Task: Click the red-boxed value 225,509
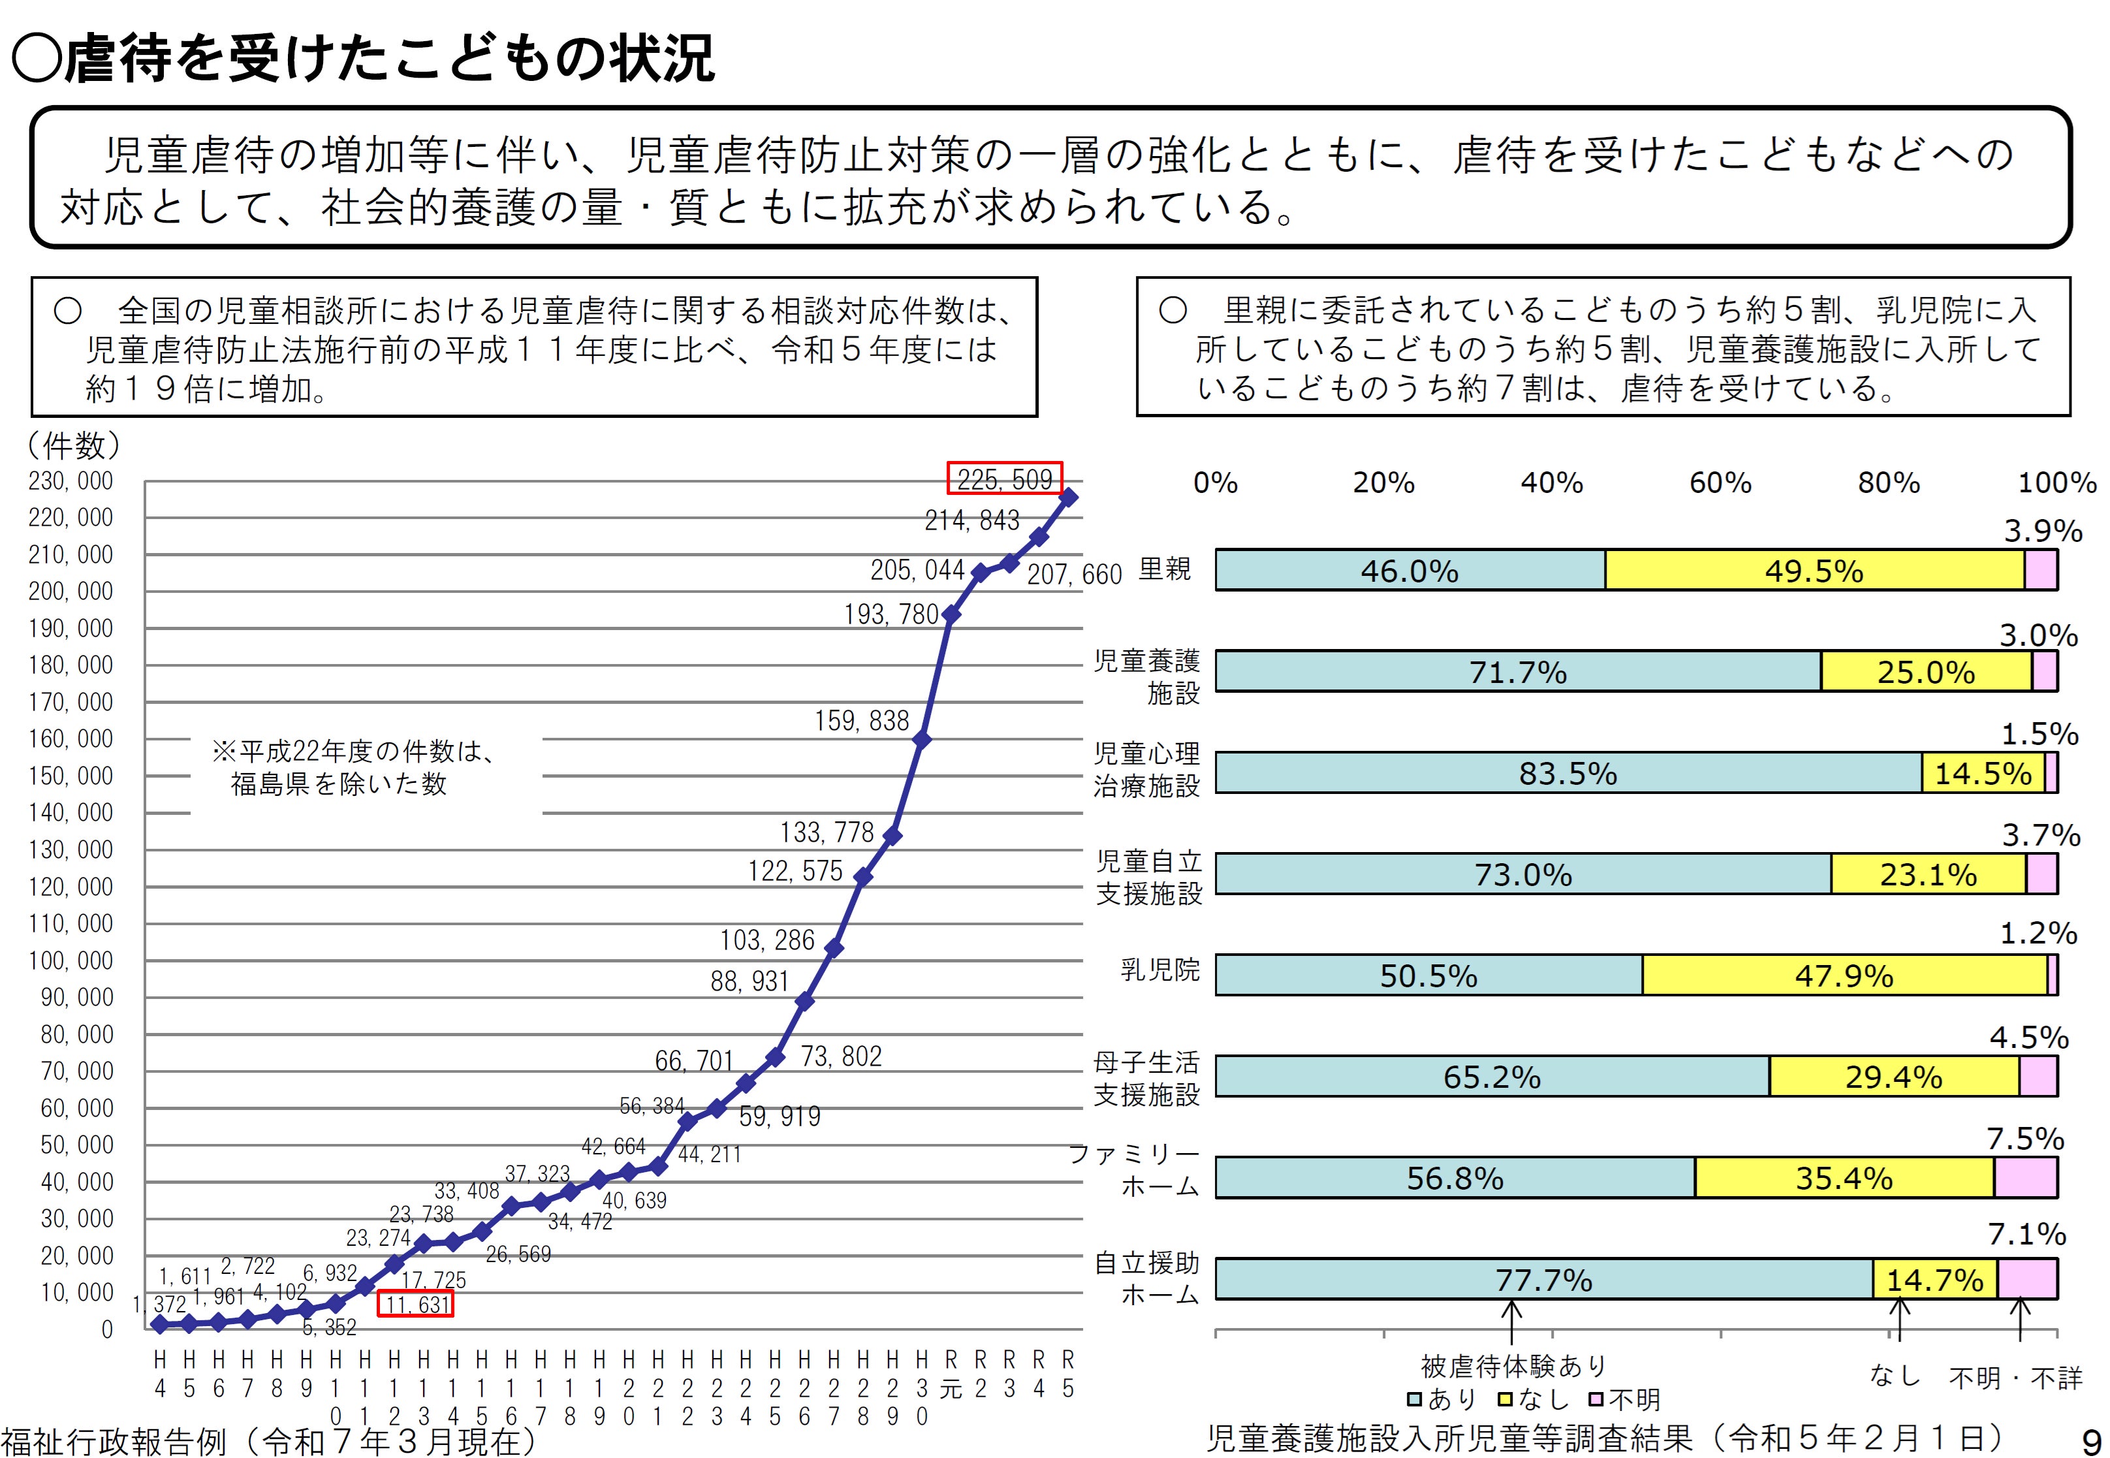point(1004,479)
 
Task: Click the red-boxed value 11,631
point(416,1304)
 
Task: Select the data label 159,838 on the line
point(861,721)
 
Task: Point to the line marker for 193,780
point(951,615)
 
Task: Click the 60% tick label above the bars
point(1720,483)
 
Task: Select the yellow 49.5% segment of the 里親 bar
point(1814,571)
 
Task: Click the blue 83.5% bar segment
point(1567,774)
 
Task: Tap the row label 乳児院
point(1160,969)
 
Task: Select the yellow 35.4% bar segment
point(1843,1177)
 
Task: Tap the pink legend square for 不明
point(1596,1399)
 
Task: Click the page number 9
point(2090,1440)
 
